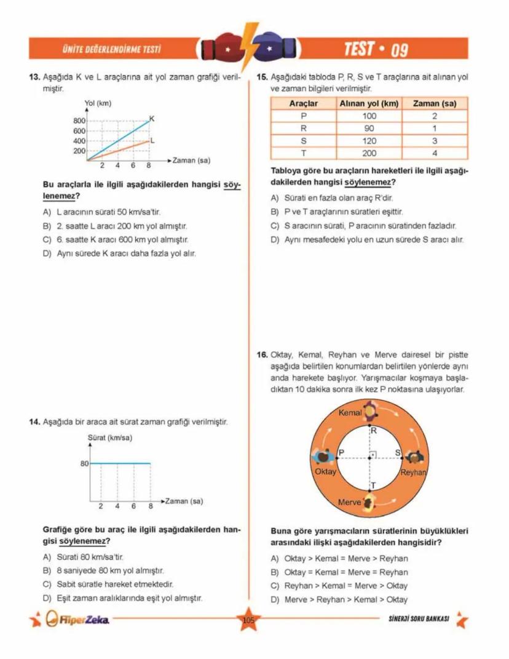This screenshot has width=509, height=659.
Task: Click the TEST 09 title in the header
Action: click(376, 49)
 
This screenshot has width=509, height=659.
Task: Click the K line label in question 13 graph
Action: click(152, 118)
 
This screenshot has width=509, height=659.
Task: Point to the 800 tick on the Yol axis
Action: click(79, 121)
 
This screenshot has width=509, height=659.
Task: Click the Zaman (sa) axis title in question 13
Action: click(191, 161)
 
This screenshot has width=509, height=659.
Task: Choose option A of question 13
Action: click(102, 212)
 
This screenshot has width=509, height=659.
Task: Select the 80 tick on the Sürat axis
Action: click(85, 463)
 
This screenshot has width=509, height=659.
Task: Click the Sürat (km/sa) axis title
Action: click(111, 438)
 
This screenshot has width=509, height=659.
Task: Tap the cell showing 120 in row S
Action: click(369, 141)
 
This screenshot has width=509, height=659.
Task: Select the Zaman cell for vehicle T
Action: click(435, 153)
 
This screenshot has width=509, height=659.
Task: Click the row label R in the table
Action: click(303, 129)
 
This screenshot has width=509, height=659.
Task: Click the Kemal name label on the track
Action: click(350, 412)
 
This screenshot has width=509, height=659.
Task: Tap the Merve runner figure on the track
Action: click(369, 502)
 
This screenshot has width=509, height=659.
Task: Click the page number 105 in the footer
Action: click(248, 620)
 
